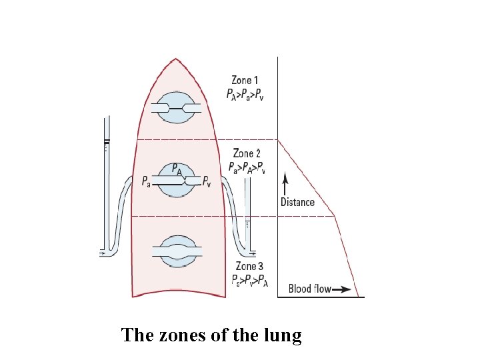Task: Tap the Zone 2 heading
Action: click(x=247, y=154)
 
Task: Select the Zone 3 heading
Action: click(x=250, y=267)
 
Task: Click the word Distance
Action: click(x=297, y=202)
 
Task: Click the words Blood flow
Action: click(x=309, y=289)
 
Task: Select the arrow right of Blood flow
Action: click(x=341, y=289)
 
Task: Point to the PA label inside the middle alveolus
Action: click(x=177, y=169)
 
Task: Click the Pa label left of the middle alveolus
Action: click(x=147, y=180)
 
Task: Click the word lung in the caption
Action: click(x=285, y=335)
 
